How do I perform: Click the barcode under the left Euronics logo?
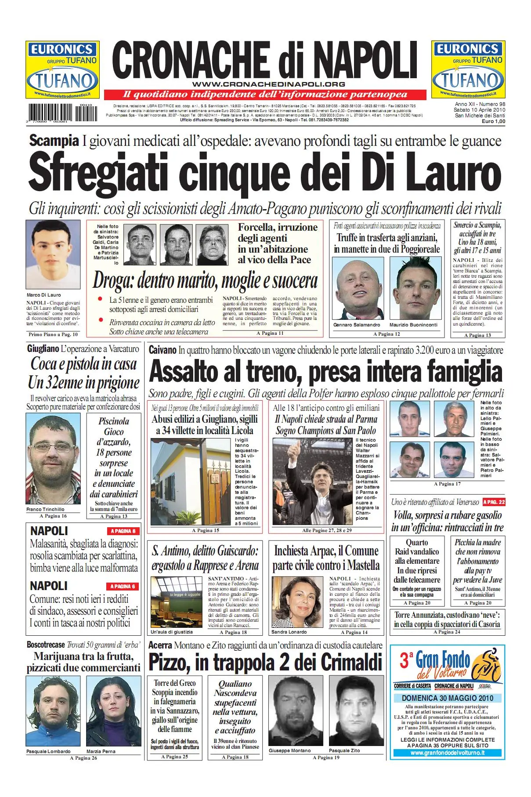tap(63, 113)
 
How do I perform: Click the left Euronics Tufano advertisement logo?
tap(62, 70)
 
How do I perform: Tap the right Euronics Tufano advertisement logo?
tap(468, 69)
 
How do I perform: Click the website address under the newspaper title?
tap(268, 84)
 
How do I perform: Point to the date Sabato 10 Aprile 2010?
tap(480, 110)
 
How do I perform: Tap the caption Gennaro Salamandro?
tap(357, 325)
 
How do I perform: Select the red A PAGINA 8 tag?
tap(123, 531)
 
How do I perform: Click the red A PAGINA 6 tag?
tap(123, 586)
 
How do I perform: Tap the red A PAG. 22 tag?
tap(494, 502)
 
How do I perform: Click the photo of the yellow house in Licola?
tap(191, 482)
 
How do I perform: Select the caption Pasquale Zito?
tap(344, 750)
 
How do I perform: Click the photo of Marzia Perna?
tap(113, 710)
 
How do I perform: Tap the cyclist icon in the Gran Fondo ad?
tap(488, 666)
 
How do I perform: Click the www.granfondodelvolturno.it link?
tap(447, 753)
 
